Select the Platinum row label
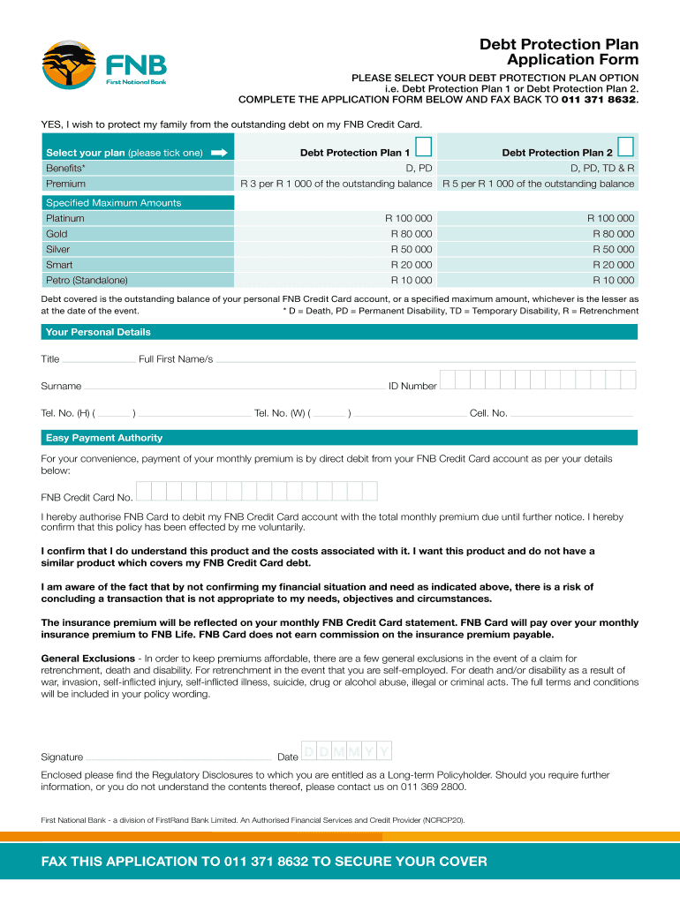click(x=65, y=218)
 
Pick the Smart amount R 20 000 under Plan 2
click(x=613, y=265)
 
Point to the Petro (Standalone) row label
click(x=87, y=281)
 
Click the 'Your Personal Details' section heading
click(x=98, y=332)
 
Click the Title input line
click(x=99, y=360)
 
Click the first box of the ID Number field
click(x=448, y=380)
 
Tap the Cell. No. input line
click(x=572, y=414)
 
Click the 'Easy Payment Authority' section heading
click(x=104, y=438)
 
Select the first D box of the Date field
click(x=310, y=751)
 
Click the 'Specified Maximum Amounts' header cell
click(x=113, y=203)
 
